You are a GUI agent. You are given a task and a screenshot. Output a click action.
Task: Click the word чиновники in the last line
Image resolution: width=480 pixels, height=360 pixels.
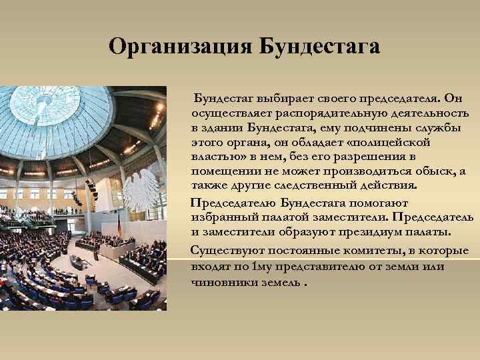223,281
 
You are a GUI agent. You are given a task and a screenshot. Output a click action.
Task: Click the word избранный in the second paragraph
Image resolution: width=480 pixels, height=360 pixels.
221,217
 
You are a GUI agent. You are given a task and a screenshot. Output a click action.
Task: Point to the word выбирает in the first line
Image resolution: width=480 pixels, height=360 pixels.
274,98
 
